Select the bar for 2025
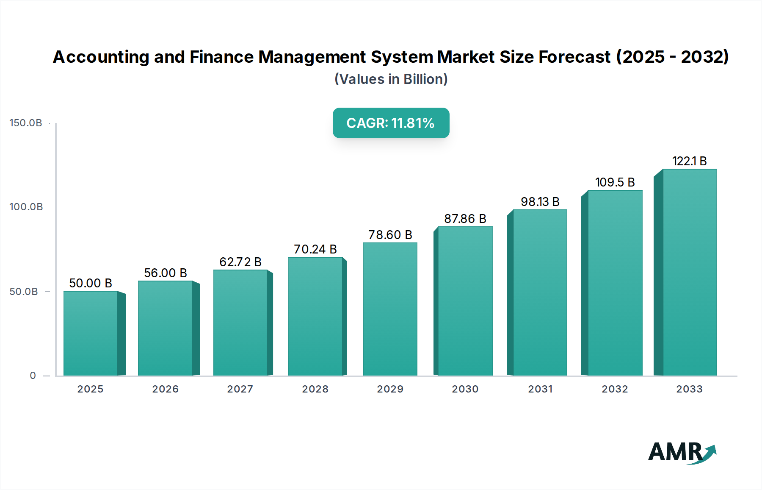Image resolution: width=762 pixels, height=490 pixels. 90,333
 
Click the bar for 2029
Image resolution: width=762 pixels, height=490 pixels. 390,309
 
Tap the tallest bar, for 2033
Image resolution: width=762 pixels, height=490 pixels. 690,272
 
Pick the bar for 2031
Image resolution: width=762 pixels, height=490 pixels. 540,292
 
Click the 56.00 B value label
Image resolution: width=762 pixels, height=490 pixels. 166,273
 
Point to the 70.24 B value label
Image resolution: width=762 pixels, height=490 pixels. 315,249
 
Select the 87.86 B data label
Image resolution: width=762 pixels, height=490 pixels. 465,219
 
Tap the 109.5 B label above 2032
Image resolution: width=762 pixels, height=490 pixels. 615,182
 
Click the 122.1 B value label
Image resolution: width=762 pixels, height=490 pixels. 689,161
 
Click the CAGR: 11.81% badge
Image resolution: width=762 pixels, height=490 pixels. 391,123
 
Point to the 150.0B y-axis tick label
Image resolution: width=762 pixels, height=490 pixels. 26,123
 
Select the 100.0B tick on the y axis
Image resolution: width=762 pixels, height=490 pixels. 26,207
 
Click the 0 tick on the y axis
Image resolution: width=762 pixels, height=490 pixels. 33,376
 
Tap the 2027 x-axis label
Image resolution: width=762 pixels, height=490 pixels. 240,389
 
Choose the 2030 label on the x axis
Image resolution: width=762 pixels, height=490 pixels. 465,389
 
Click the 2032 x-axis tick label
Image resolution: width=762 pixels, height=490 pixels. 615,389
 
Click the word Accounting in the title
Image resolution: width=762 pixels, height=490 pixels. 101,57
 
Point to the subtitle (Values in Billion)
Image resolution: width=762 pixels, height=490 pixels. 391,79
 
